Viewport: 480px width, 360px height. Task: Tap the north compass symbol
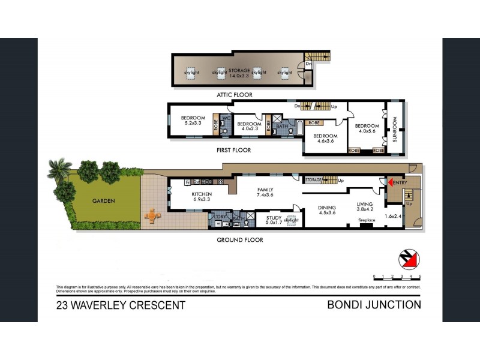(409, 260)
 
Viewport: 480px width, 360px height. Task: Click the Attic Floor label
(235, 95)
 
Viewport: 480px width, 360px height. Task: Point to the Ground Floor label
(240, 240)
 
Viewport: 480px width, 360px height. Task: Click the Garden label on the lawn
(103, 201)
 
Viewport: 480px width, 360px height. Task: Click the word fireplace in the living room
(367, 220)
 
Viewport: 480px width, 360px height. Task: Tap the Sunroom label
(395, 128)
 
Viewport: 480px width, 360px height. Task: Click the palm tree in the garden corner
(59, 169)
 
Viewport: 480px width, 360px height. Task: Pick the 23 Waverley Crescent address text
(121, 305)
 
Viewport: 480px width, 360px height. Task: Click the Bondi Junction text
(374, 305)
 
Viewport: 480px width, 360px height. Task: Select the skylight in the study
(291, 220)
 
